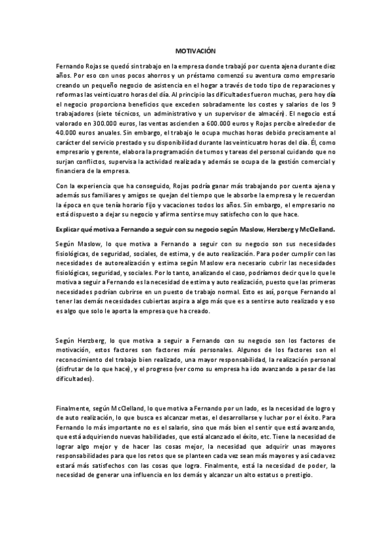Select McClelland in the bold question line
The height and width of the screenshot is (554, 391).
pyautogui.click(x=315, y=229)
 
